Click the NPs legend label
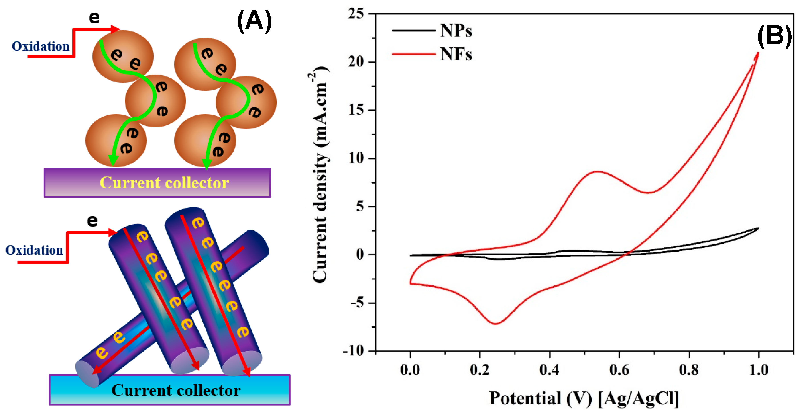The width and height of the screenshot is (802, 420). [x=456, y=31]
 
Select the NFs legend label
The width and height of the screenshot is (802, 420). [x=456, y=54]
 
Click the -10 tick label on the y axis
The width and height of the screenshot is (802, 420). [x=353, y=351]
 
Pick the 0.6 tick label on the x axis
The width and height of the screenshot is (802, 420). [x=619, y=370]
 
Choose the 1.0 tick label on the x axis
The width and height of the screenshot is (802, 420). [x=758, y=370]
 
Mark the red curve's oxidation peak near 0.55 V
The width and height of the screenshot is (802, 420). [x=598, y=171]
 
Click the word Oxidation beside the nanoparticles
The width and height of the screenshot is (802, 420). [x=41, y=46]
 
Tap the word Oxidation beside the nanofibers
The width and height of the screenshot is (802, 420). [x=34, y=250]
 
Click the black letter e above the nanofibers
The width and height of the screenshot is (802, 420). [x=92, y=221]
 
